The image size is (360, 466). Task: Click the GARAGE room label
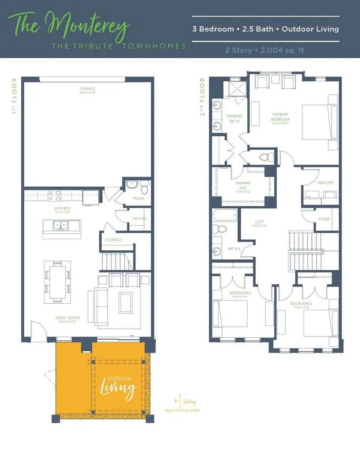tap(87, 89)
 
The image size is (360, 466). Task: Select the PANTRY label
tap(139, 219)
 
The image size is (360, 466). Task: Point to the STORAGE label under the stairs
tap(113, 240)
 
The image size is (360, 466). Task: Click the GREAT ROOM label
tap(66, 318)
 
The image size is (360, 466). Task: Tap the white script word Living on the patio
tap(118, 387)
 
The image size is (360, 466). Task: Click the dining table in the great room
tap(57, 282)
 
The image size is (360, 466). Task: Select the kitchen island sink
tap(61, 225)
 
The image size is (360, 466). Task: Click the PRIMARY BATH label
tap(234, 118)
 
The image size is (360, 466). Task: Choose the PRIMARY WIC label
tap(243, 185)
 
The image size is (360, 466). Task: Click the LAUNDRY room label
tap(324, 183)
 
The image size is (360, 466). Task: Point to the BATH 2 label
tap(234, 249)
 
